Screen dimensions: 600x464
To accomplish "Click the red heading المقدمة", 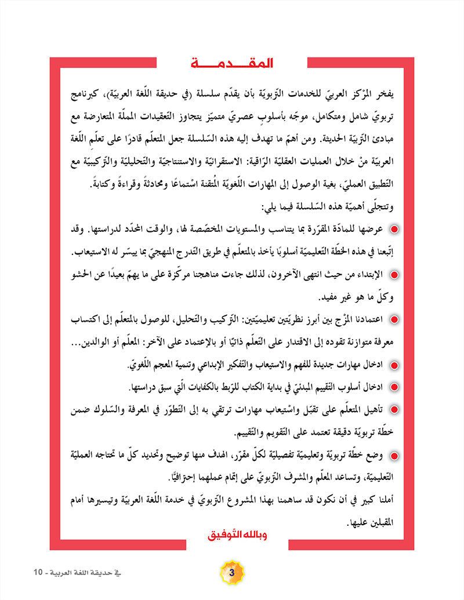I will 232,63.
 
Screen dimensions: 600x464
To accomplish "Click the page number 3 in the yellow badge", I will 231,573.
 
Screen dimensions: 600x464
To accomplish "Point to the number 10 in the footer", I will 38,573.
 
